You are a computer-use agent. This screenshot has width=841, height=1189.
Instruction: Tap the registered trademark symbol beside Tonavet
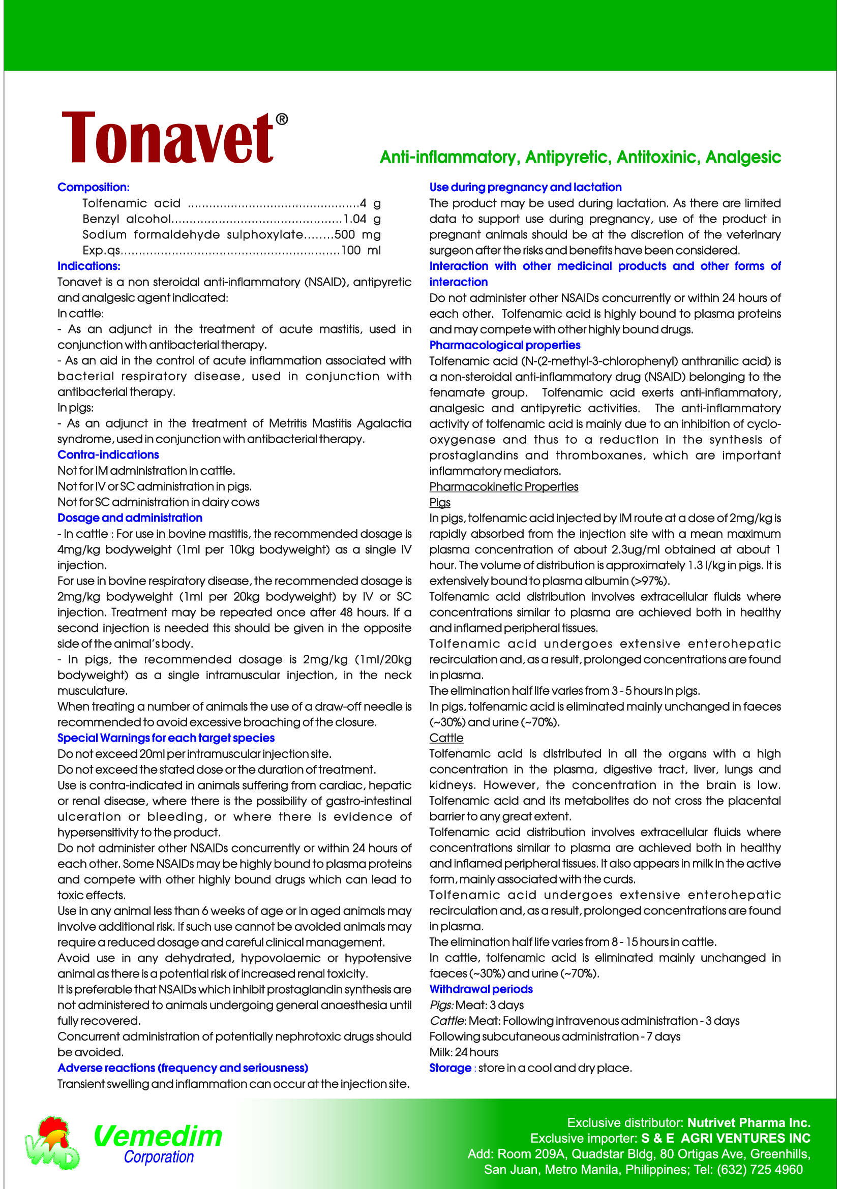click(281, 119)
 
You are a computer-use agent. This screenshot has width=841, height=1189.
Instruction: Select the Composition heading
click(93, 187)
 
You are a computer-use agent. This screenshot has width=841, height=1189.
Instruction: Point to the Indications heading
click(88, 266)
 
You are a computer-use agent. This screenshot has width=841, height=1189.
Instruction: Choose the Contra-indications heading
click(108, 454)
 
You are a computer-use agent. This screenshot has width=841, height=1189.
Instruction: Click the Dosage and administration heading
click(130, 518)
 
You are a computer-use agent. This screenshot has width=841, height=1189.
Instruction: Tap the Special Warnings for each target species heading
click(166, 738)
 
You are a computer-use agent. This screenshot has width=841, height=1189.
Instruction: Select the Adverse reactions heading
click(183, 1068)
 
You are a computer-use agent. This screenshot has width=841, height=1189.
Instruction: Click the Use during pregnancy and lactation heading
click(525, 187)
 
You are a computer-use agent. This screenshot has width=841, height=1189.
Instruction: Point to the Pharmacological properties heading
click(504, 345)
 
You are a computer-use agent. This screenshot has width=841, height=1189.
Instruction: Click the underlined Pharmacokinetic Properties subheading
click(503, 487)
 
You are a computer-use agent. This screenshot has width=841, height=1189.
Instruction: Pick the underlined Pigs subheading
click(440, 502)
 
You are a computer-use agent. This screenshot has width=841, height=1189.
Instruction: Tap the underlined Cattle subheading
click(446, 738)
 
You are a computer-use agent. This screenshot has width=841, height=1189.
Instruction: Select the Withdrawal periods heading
click(480, 989)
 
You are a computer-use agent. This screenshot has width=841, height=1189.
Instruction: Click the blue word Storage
click(449, 1068)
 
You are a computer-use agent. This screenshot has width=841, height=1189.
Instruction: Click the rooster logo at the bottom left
click(52, 1142)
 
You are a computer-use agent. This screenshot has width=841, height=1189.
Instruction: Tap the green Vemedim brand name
click(158, 1136)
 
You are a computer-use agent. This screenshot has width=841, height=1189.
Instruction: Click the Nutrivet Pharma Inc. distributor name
click(748, 1123)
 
